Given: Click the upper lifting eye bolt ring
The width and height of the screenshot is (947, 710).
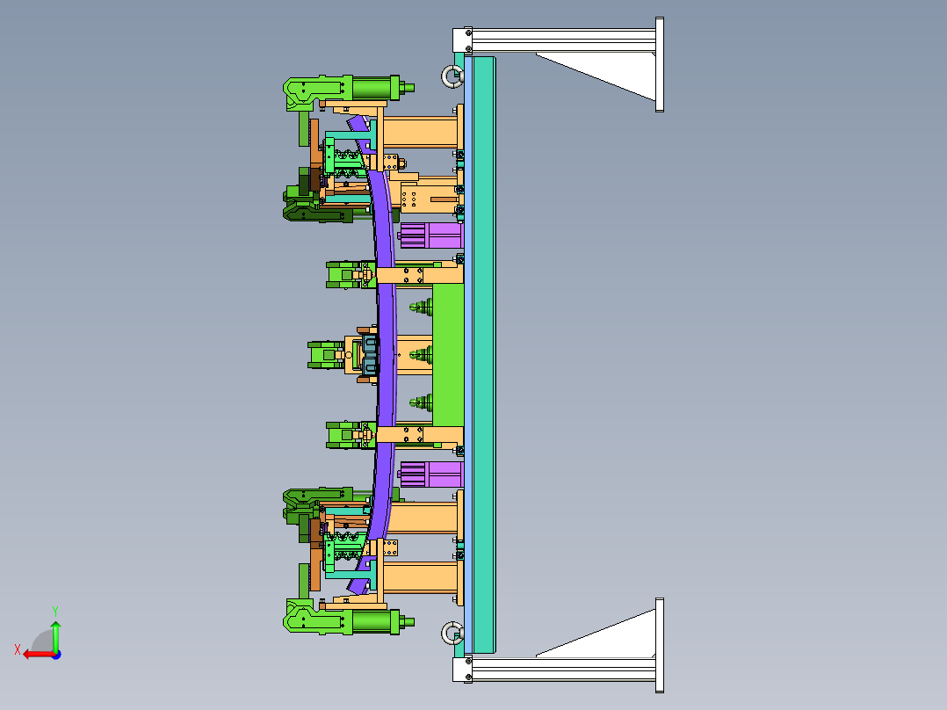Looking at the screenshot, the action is (x=445, y=76).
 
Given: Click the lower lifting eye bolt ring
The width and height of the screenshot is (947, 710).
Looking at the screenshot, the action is (x=445, y=633).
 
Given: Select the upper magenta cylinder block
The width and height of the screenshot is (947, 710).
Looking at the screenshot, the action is (x=431, y=235).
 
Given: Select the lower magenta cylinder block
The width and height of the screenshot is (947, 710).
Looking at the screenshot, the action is (x=431, y=475).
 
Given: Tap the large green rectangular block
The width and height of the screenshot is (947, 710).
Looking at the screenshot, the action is (x=448, y=355).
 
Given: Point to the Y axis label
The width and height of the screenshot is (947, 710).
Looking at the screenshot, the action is (x=55, y=611).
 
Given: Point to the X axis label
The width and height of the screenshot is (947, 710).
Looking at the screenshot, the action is (x=18, y=649).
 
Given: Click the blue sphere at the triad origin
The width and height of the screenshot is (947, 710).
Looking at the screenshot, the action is (x=56, y=655).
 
